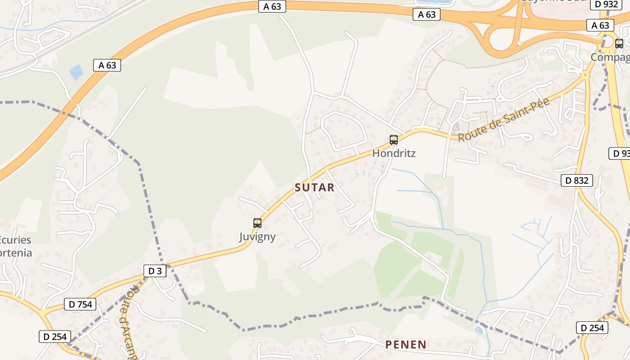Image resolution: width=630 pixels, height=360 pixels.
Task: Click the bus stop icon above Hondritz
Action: pyautogui.click(x=394, y=140)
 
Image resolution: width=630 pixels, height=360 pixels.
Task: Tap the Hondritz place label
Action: pyautogui.click(x=394, y=153)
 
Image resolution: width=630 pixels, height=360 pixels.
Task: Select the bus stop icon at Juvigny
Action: pyautogui.click(x=257, y=223)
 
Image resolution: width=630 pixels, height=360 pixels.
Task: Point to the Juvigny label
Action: pyautogui.click(x=257, y=237)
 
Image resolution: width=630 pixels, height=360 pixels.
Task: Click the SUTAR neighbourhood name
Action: pyautogui.click(x=315, y=188)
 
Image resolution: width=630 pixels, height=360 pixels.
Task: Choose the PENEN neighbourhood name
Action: pyautogui.click(x=405, y=345)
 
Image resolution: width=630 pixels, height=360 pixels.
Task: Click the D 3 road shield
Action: pyautogui.click(x=155, y=271)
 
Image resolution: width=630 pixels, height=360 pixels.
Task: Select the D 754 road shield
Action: pyautogui.click(x=81, y=305)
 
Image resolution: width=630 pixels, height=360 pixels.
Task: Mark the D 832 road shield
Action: pyautogui.click(x=577, y=181)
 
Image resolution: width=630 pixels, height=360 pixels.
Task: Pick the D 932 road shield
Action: pyautogui.click(x=606, y=4)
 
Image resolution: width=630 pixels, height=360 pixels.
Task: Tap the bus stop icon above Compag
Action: pyautogui.click(x=619, y=44)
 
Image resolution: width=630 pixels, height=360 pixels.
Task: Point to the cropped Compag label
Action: pyautogui.click(x=610, y=58)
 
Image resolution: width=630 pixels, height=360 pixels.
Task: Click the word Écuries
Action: pyautogui.click(x=16, y=239)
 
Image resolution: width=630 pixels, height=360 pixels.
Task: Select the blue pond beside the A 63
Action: pyautogui.click(x=76, y=72)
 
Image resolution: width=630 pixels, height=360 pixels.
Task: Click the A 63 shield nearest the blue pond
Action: pyautogui.click(x=107, y=65)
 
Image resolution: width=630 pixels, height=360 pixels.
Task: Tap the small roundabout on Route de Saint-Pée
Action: pyautogui.click(x=585, y=74)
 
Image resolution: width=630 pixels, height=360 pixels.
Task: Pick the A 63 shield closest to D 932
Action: pyautogui.click(x=600, y=26)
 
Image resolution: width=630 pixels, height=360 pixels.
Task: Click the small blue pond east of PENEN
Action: pyautogui.click(x=479, y=330)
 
